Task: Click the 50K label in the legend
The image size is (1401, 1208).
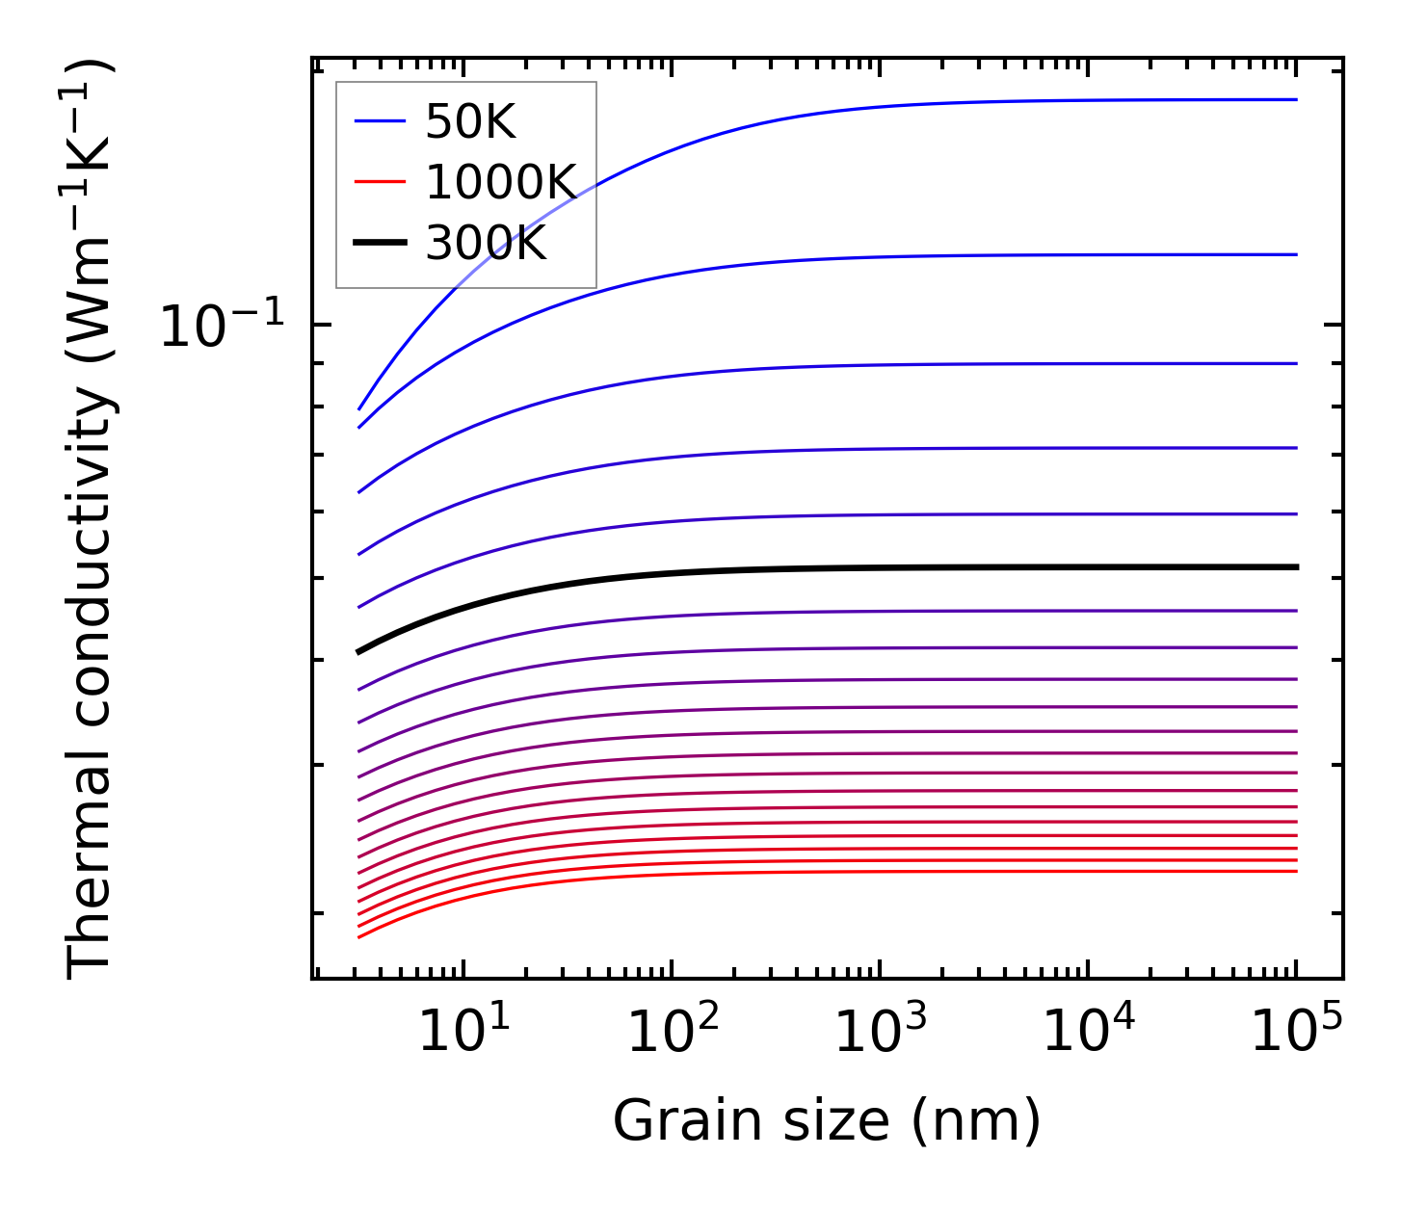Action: [470, 122]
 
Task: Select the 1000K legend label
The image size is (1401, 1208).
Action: [500, 182]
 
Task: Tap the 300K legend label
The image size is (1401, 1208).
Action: [486, 244]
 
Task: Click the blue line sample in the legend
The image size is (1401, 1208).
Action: [380, 121]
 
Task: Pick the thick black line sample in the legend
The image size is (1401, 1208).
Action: [380, 244]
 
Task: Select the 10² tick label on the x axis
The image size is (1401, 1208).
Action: [673, 1033]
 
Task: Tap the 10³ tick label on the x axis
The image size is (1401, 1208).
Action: [880, 1033]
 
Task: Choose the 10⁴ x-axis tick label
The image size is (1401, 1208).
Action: [1089, 1033]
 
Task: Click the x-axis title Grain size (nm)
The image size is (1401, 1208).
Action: [827, 1121]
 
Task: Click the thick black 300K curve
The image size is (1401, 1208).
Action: [867, 568]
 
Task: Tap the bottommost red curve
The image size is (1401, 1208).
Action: [867, 872]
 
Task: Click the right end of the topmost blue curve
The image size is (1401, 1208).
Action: [1296, 99]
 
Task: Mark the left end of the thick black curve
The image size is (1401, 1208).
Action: [358, 652]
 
